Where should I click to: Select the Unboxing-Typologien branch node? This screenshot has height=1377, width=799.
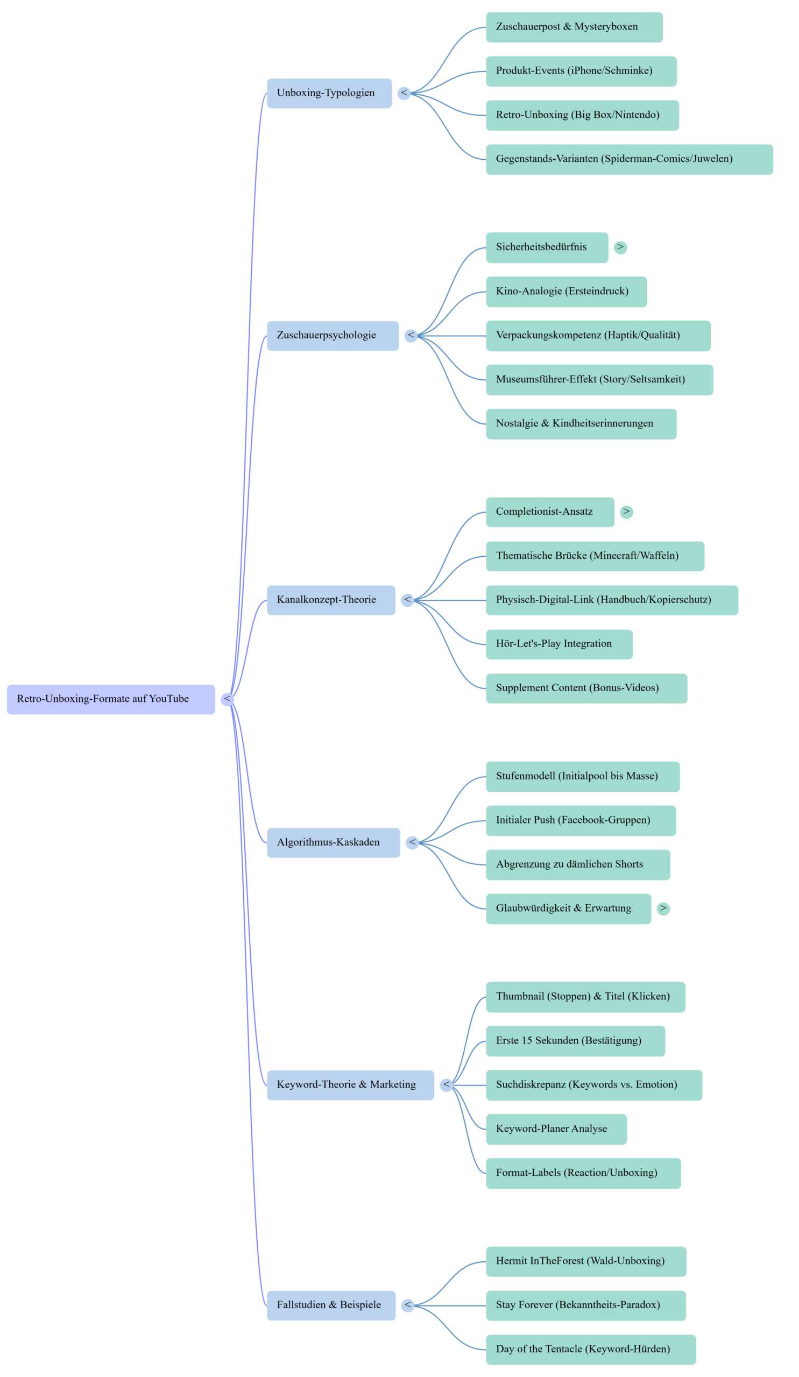tap(329, 93)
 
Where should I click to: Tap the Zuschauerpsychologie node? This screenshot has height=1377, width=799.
tap(333, 336)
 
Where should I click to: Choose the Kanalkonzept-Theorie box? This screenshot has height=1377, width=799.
tap(331, 600)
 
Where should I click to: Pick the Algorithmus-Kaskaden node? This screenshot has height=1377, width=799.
tap(334, 842)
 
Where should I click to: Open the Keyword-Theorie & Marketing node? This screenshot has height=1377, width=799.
tap(350, 1085)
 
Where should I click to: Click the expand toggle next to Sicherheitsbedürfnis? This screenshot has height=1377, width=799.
tap(620, 247)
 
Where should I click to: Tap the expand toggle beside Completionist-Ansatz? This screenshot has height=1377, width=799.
tap(627, 512)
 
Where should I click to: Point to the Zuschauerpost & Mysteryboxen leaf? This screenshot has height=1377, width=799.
tap(575, 27)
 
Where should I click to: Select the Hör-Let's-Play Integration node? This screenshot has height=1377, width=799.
tap(559, 644)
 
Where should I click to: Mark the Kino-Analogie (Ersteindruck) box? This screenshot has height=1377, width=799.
tap(566, 292)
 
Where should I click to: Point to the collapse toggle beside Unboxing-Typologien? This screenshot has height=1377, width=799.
tap(404, 93)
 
